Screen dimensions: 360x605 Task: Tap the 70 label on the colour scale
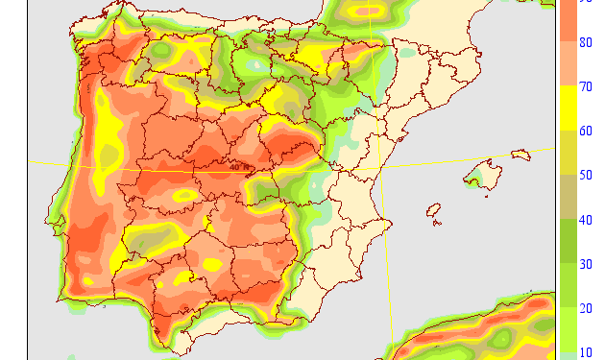click(586, 87)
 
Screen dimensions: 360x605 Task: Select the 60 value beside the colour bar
click(586, 132)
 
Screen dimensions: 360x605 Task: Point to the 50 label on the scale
click(586, 176)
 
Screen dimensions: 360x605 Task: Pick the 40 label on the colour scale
click(586, 220)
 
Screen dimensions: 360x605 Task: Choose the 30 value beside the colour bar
click(586, 264)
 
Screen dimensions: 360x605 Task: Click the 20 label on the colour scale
click(586, 308)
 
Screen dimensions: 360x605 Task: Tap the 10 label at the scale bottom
click(586, 352)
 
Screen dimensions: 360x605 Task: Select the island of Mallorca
click(483, 175)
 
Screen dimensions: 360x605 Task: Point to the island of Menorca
click(521, 154)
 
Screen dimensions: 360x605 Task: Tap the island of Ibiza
click(433, 209)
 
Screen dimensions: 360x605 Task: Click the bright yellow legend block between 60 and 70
click(569, 109)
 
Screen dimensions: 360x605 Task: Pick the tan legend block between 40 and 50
click(569, 198)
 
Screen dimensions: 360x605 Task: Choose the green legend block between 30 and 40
click(569, 242)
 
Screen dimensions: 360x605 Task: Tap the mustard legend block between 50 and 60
click(569, 154)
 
